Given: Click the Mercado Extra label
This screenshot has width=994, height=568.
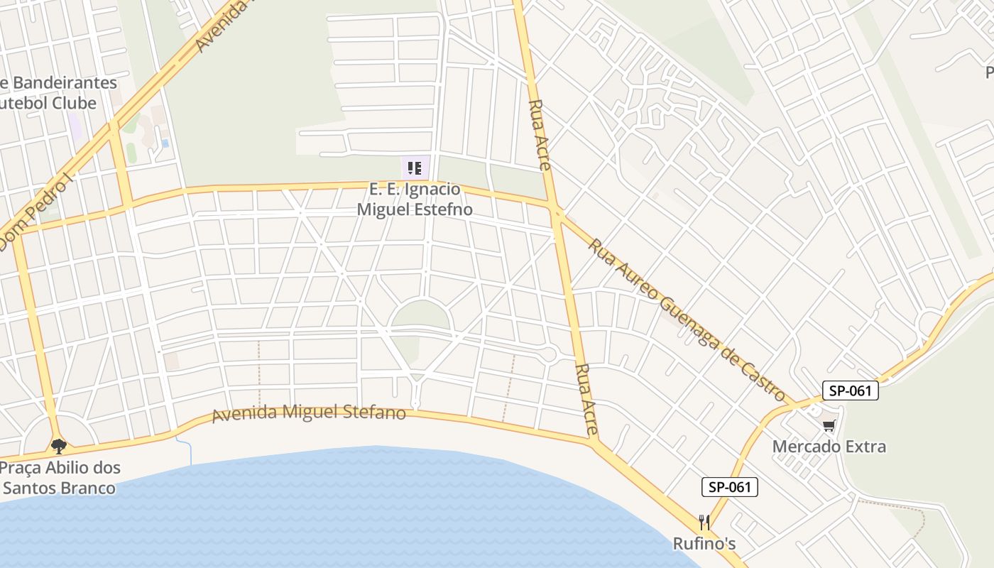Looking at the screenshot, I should pos(829,447).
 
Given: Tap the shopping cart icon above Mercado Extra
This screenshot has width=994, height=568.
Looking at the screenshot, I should pos(829,425).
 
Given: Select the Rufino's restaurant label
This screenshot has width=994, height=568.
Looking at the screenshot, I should pos(704,544).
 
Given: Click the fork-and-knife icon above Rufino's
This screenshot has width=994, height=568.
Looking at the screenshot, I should pos(704,523).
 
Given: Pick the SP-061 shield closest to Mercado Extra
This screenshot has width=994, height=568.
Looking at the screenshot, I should pos(851,390).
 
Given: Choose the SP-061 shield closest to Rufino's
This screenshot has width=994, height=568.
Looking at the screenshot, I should pos(730,487).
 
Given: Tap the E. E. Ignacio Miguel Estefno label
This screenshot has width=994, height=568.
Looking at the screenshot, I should pos(415,200).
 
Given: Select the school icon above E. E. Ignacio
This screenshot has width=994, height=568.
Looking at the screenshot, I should pos(415,168).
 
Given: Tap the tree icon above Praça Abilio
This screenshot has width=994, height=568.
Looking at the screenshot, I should pos(59,446).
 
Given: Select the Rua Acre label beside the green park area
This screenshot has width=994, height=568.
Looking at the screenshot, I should pos(539,134).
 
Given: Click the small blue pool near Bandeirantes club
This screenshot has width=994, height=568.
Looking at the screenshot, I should pos(165,143).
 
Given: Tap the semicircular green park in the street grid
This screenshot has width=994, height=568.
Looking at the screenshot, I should pos(420,315).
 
